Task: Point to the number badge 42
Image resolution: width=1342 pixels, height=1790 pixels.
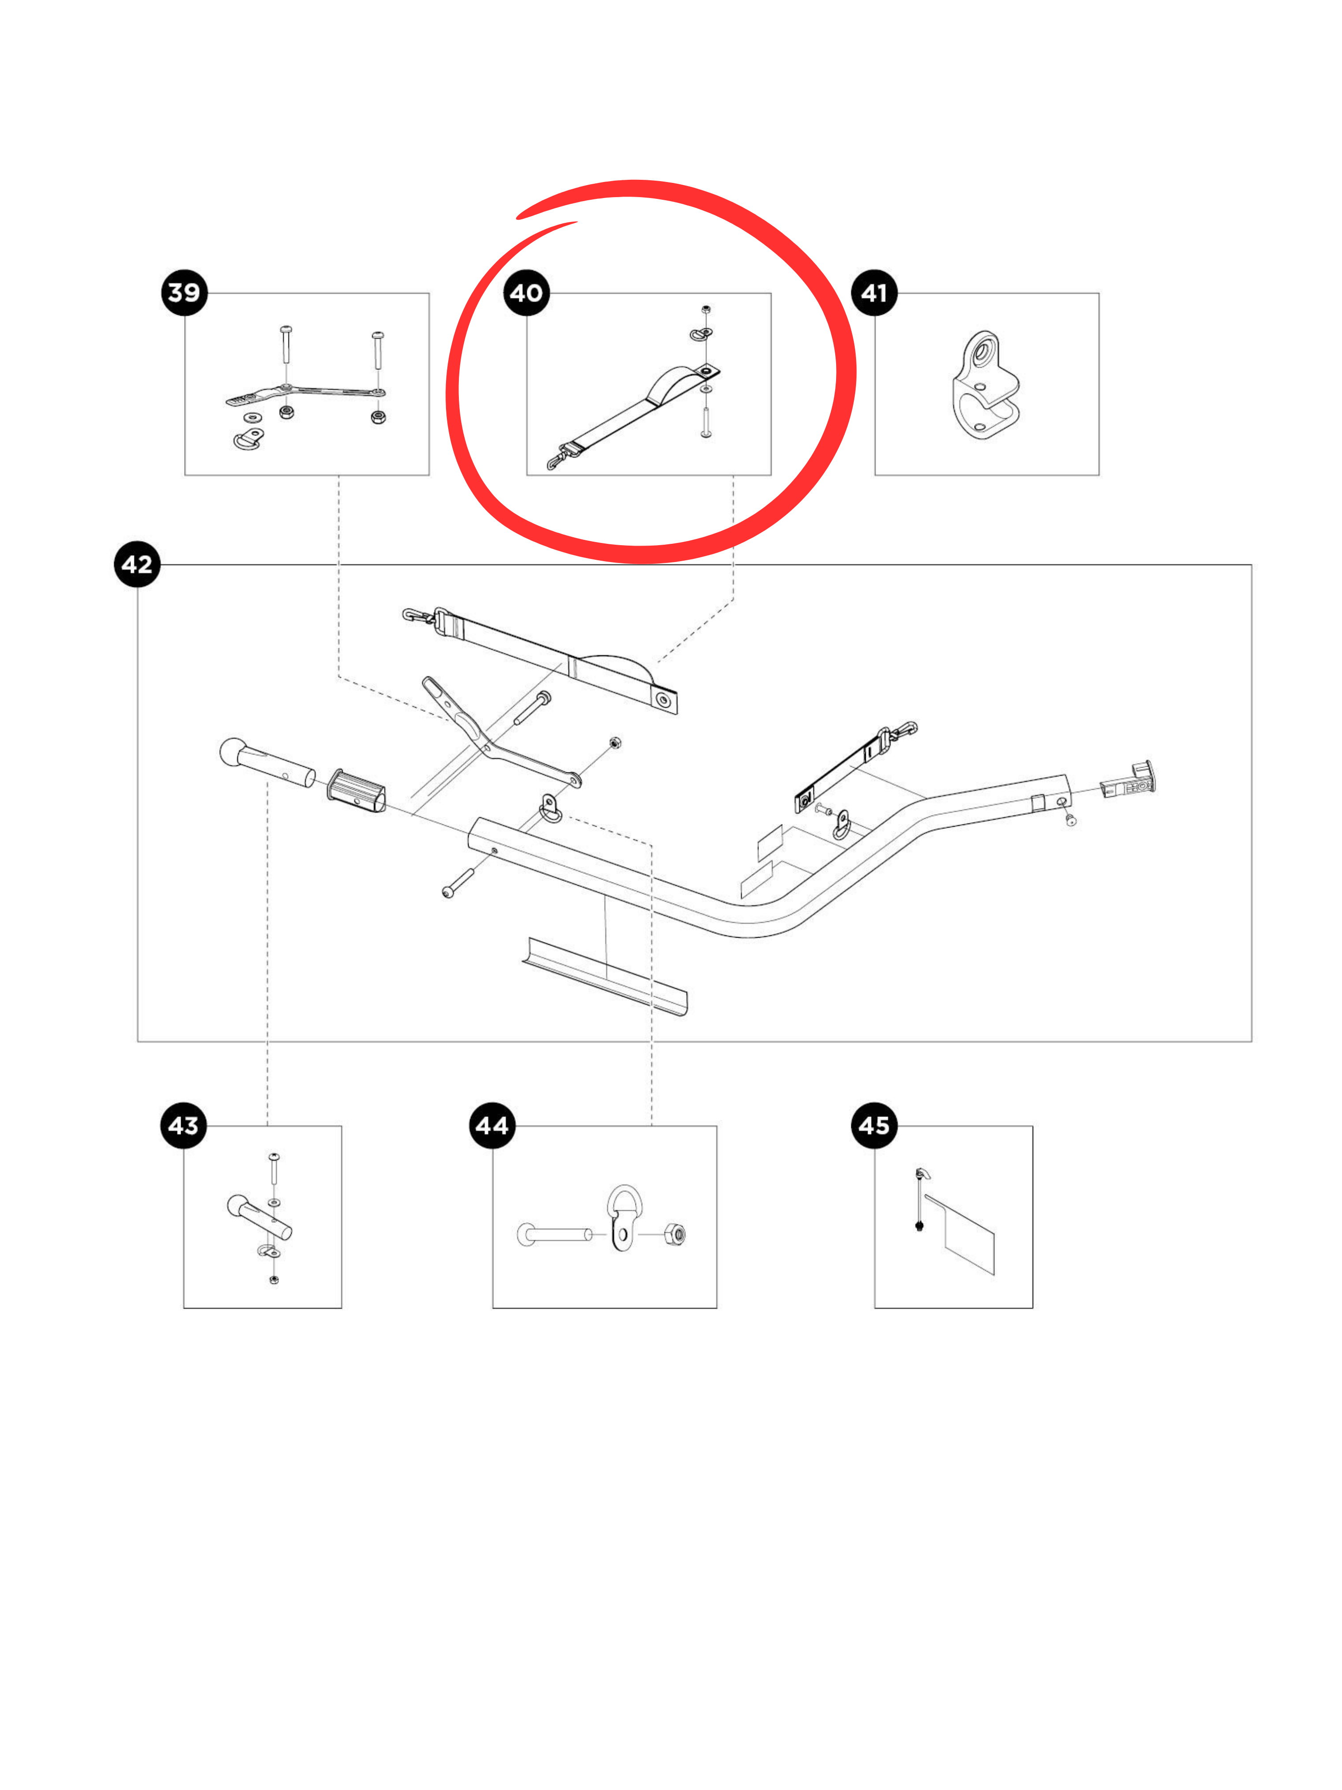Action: pos(137,564)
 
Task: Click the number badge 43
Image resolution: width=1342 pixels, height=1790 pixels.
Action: pos(184,1125)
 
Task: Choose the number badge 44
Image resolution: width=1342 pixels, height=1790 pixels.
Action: pos(492,1125)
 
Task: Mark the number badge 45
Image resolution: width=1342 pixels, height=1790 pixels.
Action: pos(874,1125)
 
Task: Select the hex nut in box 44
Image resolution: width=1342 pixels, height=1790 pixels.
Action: pos(675,1234)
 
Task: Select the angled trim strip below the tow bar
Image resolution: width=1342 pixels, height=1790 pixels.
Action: pos(605,974)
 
